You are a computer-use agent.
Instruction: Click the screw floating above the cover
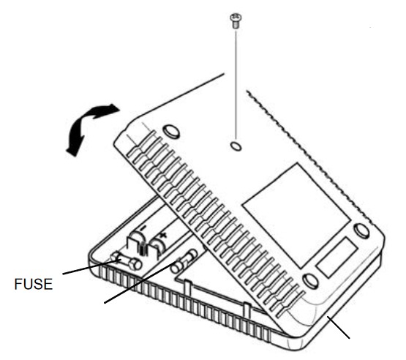pos(236,21)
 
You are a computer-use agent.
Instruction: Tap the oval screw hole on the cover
pos(236,146)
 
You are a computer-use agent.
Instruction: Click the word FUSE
pos(34,284)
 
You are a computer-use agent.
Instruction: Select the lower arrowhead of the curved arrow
pos(74,151)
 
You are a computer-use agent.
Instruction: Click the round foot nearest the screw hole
pos(171,131)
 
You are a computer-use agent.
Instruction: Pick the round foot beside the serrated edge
pos(361,230)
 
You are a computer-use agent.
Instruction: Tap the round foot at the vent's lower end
pos(310,281)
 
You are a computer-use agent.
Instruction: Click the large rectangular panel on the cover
pos(296,215)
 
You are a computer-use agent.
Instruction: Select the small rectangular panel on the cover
pos(337,258)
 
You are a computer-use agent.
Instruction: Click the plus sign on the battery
pos(162,236)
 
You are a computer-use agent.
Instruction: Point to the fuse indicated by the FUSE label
pos(126,261)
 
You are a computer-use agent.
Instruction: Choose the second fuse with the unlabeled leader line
pos(184,261)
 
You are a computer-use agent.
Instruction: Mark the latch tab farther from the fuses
pos(247,310)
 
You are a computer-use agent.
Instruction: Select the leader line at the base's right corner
pos(339,327)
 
